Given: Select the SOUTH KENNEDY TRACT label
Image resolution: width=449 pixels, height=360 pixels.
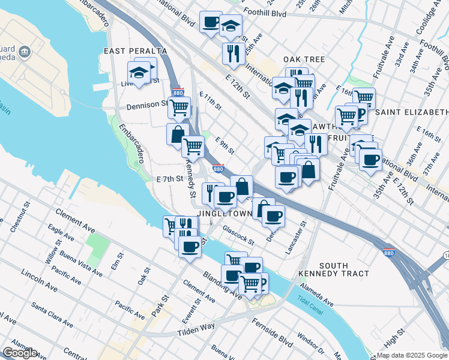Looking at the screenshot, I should click(335, 269).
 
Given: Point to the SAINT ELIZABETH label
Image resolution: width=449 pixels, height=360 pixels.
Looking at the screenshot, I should click(412, 112).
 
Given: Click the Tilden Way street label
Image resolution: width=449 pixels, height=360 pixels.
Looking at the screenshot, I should click(196, 329).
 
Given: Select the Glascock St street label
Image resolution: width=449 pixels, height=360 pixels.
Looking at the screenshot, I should click(238, 235).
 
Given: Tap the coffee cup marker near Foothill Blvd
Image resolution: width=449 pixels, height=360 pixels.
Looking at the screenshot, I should click(211, 22).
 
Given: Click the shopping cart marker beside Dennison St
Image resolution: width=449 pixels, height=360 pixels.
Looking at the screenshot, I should click(179, 108).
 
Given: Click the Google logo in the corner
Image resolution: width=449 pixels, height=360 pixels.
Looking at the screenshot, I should click(19, 353).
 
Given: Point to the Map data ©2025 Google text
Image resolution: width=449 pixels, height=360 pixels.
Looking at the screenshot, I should click(412, 355).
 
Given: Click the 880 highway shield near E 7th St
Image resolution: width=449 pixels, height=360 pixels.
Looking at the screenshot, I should click(218, 169).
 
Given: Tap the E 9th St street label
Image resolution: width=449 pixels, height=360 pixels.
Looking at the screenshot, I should click(224, 144).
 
